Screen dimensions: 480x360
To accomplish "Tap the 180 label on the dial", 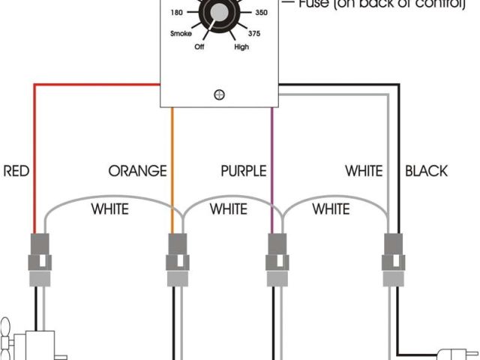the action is [x=178, y=13].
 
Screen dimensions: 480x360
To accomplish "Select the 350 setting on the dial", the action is [x=262, y=13].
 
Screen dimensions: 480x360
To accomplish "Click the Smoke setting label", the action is [x=181, y=34].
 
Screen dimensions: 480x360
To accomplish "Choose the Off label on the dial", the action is [x=200, y=46].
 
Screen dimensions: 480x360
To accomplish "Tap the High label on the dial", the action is [x=241, y=46].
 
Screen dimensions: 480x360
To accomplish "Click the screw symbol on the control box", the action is [x=220, y=94].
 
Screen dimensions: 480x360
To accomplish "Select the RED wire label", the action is [x=16, y=171].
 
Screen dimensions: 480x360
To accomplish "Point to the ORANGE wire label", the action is [x=137, y=171].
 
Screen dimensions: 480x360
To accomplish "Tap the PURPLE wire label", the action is [x=244, y=171].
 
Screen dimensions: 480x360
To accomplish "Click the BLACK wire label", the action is [x=426, y=171].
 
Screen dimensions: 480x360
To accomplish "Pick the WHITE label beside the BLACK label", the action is [x=364, y=171].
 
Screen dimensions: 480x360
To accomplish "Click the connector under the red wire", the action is [x=39, y=255].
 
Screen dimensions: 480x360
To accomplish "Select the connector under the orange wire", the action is [x=177, y=255].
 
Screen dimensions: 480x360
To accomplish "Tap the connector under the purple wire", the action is [x=278, y=255].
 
